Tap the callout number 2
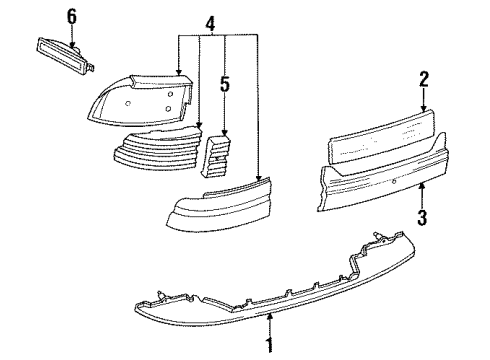tap(423, 78)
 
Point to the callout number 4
tap(208, 23)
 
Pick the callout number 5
tap(225, 86)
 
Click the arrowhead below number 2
tap(423, 107)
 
